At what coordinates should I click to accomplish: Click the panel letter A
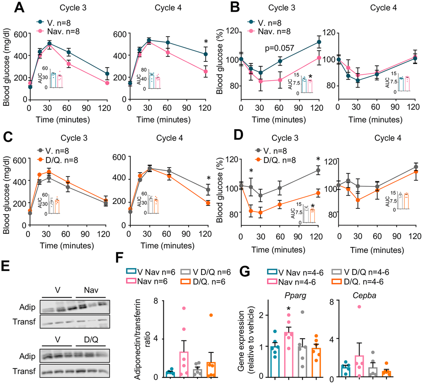(x=9, y=8)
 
